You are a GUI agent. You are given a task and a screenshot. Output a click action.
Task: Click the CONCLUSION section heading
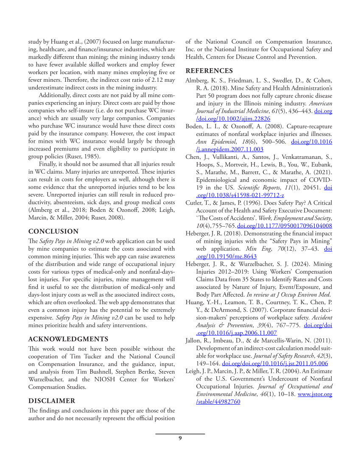coord(53,231)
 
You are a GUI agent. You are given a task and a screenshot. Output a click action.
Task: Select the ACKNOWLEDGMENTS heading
coord(68,339)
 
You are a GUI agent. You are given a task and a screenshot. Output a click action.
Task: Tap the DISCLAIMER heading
coord(52,401)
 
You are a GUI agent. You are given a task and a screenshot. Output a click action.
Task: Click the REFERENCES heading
coord(209,71)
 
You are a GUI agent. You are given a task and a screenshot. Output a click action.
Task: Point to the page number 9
coord(180,438)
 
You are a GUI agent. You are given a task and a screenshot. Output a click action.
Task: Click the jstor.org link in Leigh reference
coord(315,394)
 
